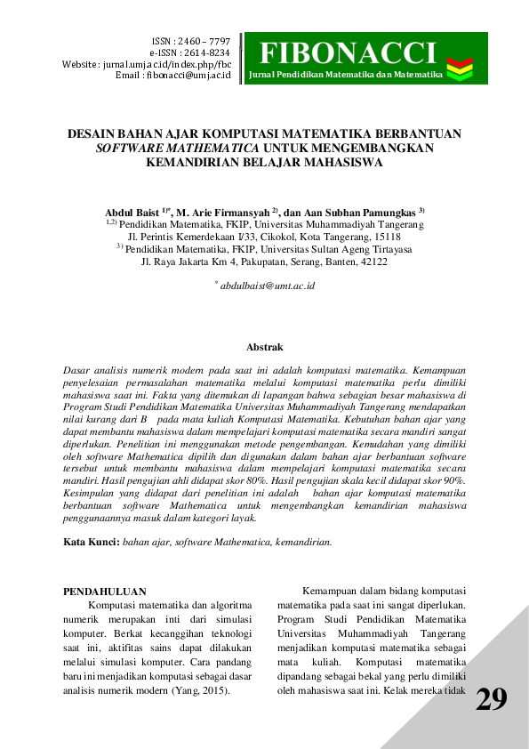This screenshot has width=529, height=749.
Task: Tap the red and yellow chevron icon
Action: pos(460,64)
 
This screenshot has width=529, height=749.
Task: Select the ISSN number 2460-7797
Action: pos(204,42)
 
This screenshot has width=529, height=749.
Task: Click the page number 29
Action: pos(492,700)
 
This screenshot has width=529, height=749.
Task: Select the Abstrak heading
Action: pos(264,347)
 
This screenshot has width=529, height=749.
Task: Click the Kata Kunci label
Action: pos(92,542)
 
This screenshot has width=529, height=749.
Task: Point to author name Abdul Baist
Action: pos(132,213)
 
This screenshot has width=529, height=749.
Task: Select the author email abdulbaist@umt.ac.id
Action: pos(267,286)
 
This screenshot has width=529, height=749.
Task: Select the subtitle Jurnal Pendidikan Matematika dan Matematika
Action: pos(345,74)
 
